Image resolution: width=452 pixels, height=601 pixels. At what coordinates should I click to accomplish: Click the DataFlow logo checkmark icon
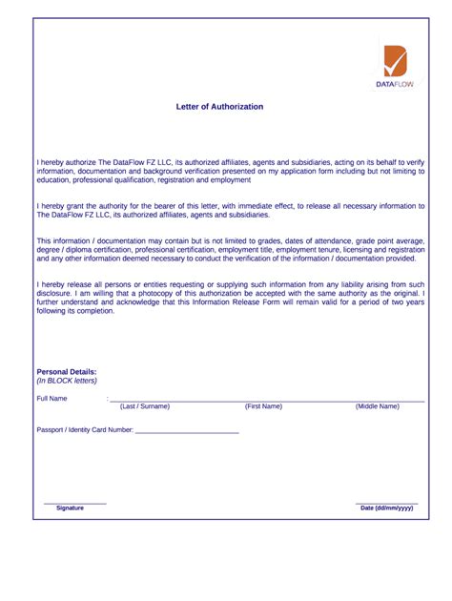pos(395,61)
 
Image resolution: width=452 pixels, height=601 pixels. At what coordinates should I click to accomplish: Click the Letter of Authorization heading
pos(219,107)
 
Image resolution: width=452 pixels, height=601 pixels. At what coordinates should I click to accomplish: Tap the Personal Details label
pos(67,371)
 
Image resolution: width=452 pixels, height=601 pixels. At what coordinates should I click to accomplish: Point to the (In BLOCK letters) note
pos(67,380)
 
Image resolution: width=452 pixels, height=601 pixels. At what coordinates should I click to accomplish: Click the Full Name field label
pos(52,398)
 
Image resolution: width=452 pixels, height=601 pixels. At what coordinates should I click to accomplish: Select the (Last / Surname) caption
pos(145,406)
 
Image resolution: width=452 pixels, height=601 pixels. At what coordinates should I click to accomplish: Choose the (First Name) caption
pos(263,406)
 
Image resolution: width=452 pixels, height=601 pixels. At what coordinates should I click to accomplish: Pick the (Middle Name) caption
pos(378,406)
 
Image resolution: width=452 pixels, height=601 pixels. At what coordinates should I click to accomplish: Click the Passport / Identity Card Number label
pos(85,430)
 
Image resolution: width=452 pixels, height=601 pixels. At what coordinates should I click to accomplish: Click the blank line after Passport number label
pos(187,433)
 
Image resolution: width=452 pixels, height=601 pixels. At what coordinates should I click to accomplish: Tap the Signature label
pos(70,508)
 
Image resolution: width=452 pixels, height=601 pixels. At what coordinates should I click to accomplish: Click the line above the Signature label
pos(75,503)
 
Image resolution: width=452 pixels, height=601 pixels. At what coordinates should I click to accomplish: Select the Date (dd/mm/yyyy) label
pos(386,508)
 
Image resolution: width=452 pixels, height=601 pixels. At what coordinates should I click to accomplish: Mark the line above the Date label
pos(386,503)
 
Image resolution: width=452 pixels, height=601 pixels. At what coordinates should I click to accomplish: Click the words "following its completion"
pos(76,311)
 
